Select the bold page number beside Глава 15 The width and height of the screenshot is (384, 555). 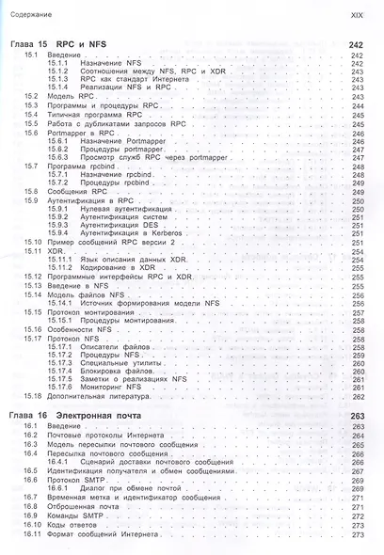(x=356, y=45)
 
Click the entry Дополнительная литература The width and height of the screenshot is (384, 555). (x=95, y=394)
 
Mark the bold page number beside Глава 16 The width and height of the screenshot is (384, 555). (x=356, y=415)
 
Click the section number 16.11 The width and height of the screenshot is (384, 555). (x=32, y=535)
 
